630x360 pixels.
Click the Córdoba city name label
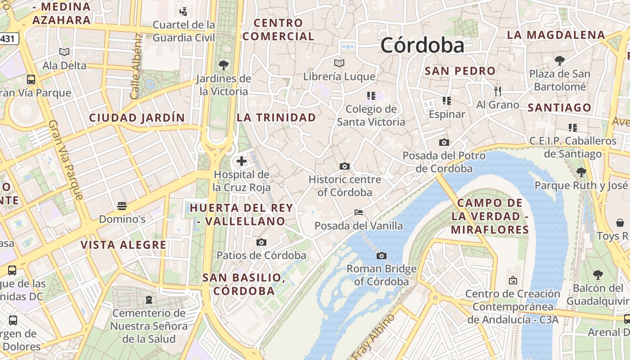[422, 45]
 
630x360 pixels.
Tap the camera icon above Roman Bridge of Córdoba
[382, 256]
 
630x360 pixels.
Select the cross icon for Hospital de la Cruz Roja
[242, 161]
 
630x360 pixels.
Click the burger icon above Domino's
[121, 206]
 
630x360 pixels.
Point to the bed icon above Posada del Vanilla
[359, 212]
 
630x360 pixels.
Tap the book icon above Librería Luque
[339, 63]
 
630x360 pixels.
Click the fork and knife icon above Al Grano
[497, 91]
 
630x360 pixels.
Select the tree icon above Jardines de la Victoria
[224, 65]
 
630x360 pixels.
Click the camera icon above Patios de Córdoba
[261, 243]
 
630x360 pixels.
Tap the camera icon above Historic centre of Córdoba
[345, 166]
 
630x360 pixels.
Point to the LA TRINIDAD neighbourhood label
[276, 117]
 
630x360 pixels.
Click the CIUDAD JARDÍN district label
[137, 118]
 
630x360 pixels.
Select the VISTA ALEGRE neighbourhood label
[123, 245]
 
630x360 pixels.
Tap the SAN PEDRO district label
[460, 71]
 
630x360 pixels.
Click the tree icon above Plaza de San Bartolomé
[560, 60]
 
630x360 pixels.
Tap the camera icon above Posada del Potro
[444, 143]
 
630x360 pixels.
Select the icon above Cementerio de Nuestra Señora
[149, 300]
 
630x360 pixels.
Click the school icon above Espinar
[446, 100]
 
